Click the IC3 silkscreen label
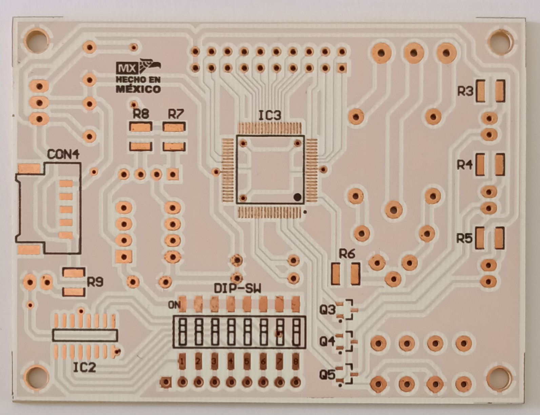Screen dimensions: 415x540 [269, 116]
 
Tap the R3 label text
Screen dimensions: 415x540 [465, 91]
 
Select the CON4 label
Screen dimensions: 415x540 [63, 155]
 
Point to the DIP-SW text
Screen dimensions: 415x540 [238, 289]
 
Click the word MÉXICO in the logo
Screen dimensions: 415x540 [138, 89]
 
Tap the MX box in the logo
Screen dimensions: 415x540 [126, 68]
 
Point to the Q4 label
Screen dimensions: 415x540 [327, 341]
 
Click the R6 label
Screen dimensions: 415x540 [347, 254]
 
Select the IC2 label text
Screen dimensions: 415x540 [84, 367]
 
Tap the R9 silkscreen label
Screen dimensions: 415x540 [95, 282]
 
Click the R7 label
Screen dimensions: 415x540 [176, 114]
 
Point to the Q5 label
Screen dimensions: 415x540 [327, 375]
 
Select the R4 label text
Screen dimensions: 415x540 [464, 165]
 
